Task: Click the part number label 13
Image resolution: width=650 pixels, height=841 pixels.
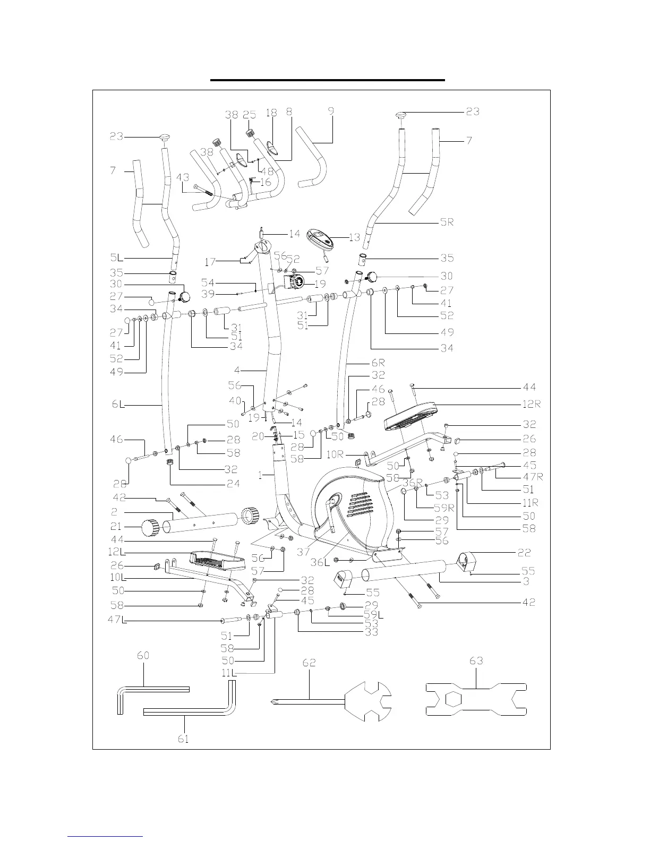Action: pos(354,237)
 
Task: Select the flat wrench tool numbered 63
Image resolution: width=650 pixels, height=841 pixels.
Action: pos(476,702)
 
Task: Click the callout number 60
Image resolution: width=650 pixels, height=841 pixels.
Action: pos(143,656)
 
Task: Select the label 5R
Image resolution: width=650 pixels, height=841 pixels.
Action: pos(447,222)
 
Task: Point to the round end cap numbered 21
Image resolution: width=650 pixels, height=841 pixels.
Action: pos(150,528)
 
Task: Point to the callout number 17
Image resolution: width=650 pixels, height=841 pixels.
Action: pos(211,262)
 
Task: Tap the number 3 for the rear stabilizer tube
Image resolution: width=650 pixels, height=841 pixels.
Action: pos(525,582)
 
